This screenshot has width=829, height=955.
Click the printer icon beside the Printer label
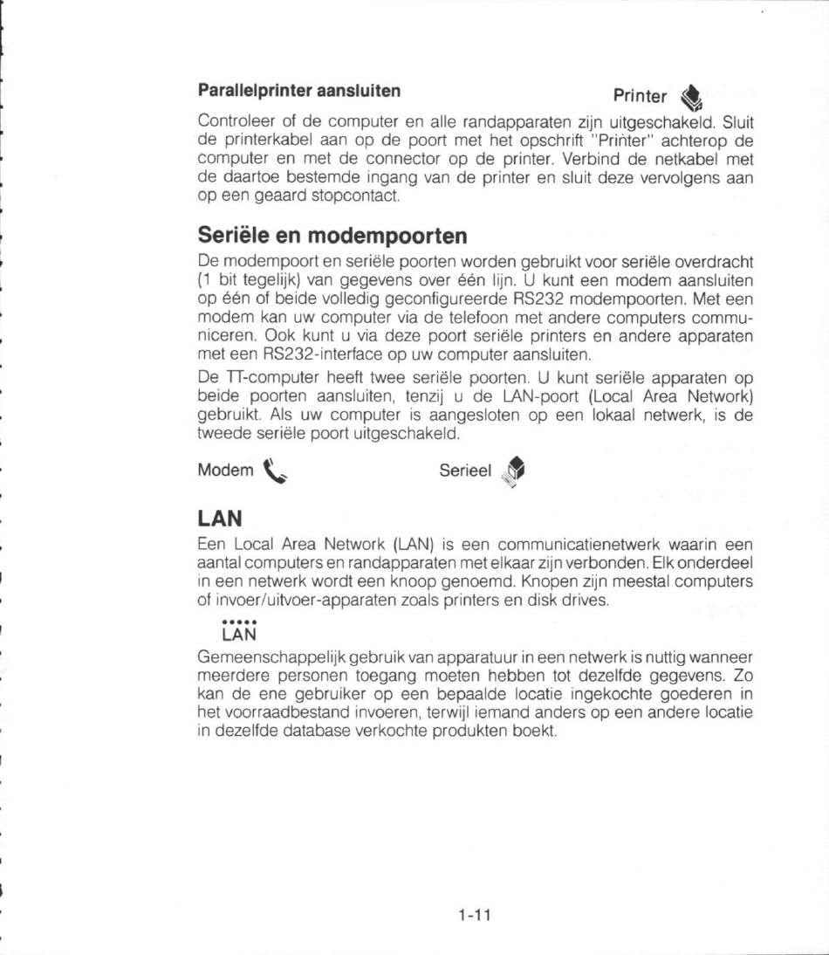[x=691, y=95]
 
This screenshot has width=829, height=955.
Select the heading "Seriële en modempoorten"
[x=332, y=236]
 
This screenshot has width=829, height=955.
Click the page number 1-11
[x=475, y=916]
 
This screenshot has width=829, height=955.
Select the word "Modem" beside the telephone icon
[x=225, y=471]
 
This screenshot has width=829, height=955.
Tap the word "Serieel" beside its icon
[x=466, y=471]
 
